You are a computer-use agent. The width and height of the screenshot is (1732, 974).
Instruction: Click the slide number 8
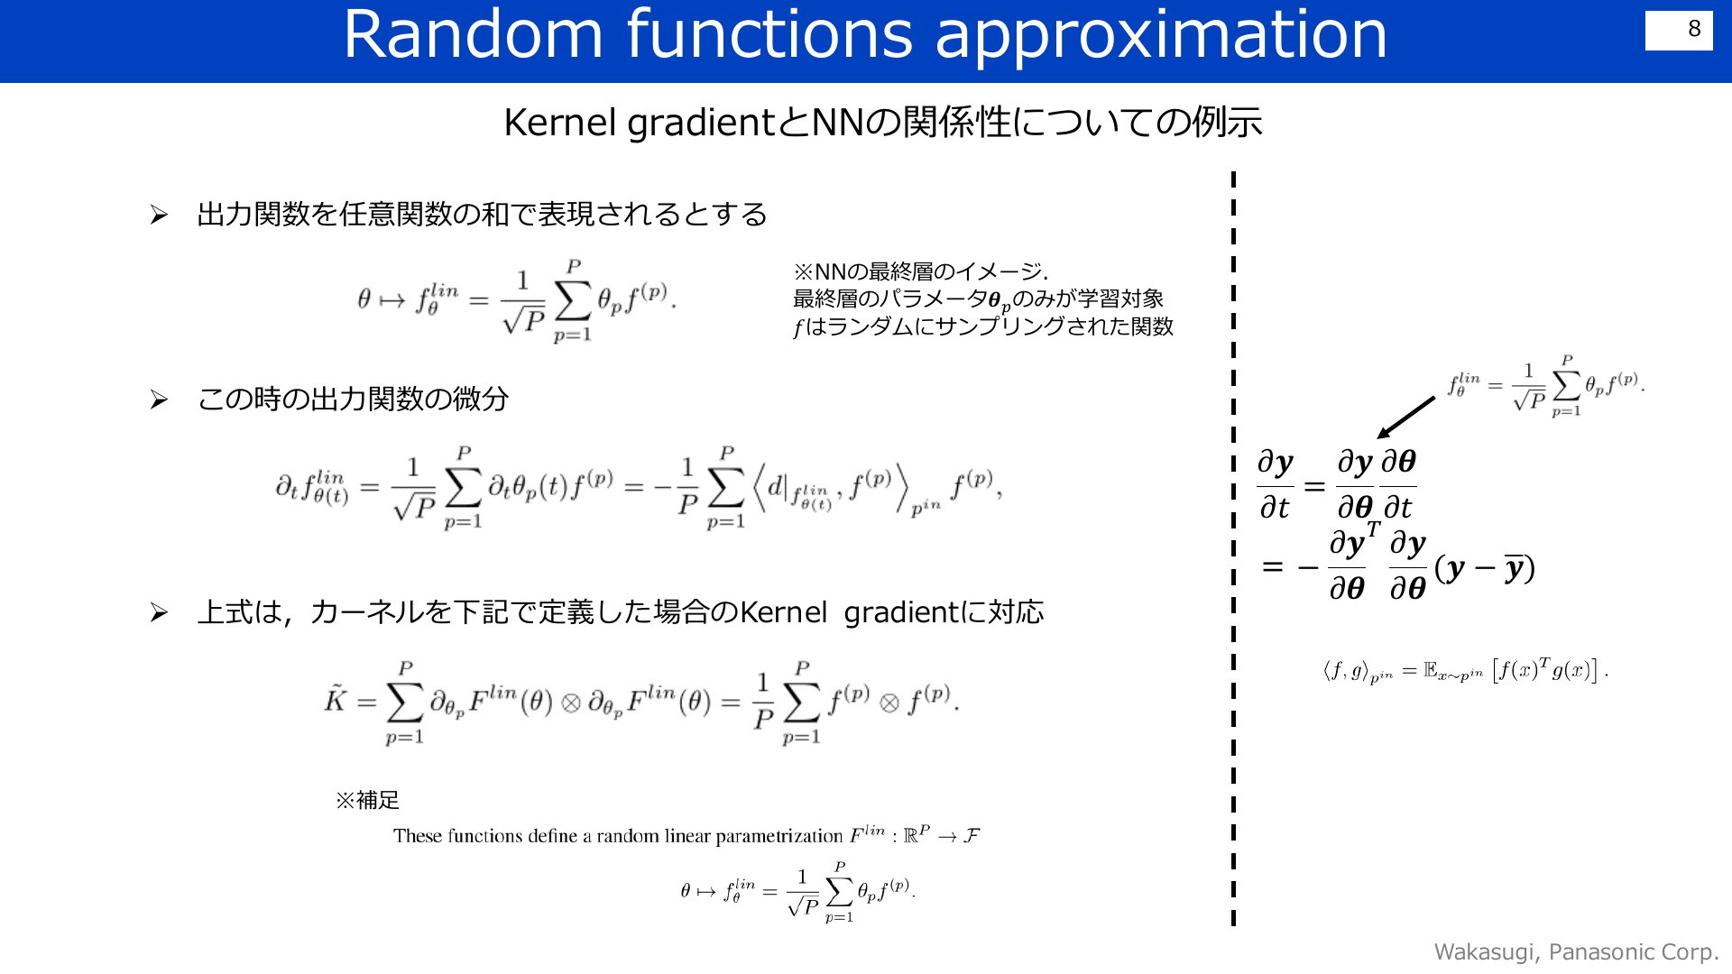[x=1694, y=29]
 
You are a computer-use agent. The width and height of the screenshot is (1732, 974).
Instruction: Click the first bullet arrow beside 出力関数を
[x=159, y=216]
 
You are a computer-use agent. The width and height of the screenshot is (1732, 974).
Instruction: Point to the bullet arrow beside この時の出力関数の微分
[x=159, y=400]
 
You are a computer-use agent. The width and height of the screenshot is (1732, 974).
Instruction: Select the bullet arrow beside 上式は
[x=159, y=614]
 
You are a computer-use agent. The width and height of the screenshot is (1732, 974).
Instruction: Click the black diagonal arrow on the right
[x=1406, y=418]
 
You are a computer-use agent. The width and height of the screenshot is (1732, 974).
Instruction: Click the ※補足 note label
[x=367, y=800]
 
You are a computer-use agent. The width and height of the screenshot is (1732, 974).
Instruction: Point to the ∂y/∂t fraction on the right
[x=1276, y=486]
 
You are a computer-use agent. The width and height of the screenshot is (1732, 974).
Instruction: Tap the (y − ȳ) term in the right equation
[x=1485, y=568]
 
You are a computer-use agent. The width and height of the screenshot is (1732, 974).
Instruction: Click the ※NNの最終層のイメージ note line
[x=920, y=271]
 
